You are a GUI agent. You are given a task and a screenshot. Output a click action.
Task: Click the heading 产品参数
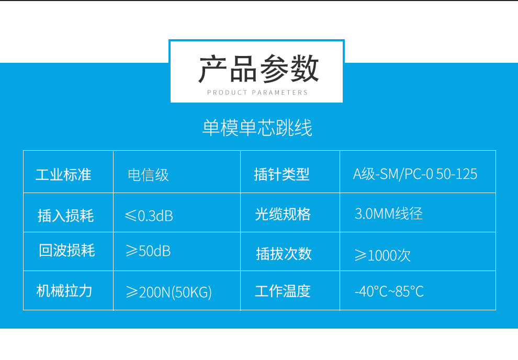pyautogui.click(x=258, y=69)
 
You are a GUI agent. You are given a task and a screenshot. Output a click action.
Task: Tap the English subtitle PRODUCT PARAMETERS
pyautogui.click(x=257, y=93)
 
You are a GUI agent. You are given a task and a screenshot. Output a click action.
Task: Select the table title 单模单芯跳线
pyautogui.click(x=257, y=128)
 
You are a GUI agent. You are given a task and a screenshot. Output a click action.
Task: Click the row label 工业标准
pyautogui.click(x=63, y=174)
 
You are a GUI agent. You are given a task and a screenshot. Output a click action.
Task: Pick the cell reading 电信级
pyautogui.click(x=148, y=175)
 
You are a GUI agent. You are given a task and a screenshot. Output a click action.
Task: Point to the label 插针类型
pyautogui.click(x=282, y=174)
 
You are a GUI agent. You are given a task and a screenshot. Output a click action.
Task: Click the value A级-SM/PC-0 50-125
pyautogui.click(x=415, y=174)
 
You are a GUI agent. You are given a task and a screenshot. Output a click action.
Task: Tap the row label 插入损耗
pyautogui.click(x=66, y=216)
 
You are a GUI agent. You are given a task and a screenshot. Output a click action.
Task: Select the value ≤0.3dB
pyautogui.click(x=149, y=216)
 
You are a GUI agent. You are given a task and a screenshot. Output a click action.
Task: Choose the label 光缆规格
pyautogui.click(x=283, y=214)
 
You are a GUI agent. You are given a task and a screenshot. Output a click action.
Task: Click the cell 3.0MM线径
pyautogui.click(x=389, y=213)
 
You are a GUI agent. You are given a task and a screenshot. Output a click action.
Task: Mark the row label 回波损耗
pyautogui.click(x=67, y=250)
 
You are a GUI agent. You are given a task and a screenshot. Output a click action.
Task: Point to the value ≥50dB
pyautogui.click(x=148, y=251)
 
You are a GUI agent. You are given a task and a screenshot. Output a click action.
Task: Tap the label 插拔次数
pyautogui.click(x=284, y=254)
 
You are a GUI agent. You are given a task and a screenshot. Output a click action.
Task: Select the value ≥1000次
pyautogui.click(x=382, y=255)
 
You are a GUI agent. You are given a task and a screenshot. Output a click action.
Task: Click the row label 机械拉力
pyautogui.click(x=64, y=291)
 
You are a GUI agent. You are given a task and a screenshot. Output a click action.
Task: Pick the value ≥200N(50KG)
pyautogui.click(x=169, y=292)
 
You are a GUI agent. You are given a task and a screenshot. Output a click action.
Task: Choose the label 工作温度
pyautogui.click(x=283, y=291)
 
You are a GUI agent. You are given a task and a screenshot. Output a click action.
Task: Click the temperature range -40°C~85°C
pyautogui.click(x=389, y=291)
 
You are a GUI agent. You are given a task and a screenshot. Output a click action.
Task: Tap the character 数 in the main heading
pyautogui.click(x=304, y=69)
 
